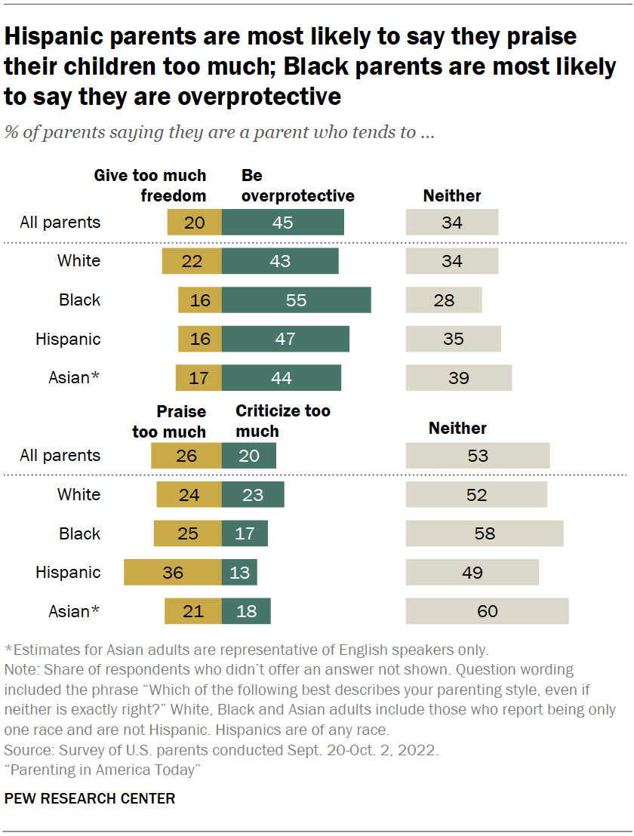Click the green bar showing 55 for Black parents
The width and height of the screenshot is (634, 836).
[296, 300]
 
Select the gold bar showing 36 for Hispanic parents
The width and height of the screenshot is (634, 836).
[173, 573]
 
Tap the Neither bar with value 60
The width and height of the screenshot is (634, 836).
[487, 611]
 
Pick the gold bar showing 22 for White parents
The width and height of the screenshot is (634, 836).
[192, 261]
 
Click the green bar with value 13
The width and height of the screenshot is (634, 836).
[239, 573]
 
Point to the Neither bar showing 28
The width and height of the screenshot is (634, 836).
[444, 300]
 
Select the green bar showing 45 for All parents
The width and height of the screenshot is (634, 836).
[283, 223]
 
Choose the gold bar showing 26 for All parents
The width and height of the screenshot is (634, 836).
[186, 456]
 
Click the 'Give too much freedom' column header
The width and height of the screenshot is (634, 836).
[149, 186]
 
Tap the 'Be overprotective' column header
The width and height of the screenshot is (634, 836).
[297, 186]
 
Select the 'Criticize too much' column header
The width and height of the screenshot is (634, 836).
[282, 421]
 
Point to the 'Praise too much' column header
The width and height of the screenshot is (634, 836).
[169, 421]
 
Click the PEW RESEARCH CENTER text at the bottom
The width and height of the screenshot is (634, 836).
[90, 798]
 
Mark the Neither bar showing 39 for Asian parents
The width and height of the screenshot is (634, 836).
[459, 378]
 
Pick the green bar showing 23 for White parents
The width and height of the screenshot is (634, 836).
[253, 495]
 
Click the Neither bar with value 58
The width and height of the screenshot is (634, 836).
[485, 533]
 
